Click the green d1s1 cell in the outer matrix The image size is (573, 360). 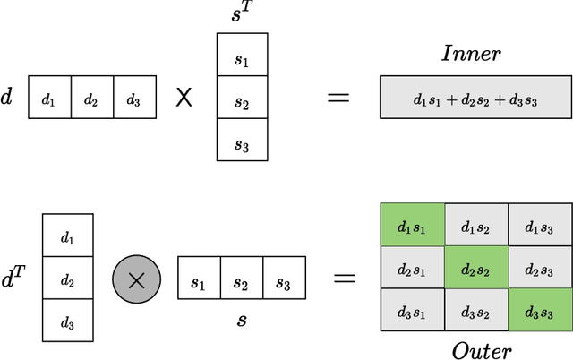tap(411, 227)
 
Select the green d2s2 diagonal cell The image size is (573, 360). tap(475, 270)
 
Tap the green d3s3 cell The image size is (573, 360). tap(540, 312)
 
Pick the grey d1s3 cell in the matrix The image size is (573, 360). tap(540, 227)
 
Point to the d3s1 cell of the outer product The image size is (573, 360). tap(411, 312)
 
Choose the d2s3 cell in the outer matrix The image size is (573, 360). tap(540, 270)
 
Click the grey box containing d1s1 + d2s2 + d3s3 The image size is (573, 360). tap(475, 98)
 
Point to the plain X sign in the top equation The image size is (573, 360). tap(184, 97)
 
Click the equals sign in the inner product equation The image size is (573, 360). tap(338, 97)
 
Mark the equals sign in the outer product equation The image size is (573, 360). tap(344, 279)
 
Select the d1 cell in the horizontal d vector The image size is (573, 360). tap(49, 98)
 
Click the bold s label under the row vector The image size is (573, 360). tap(241, 319)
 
